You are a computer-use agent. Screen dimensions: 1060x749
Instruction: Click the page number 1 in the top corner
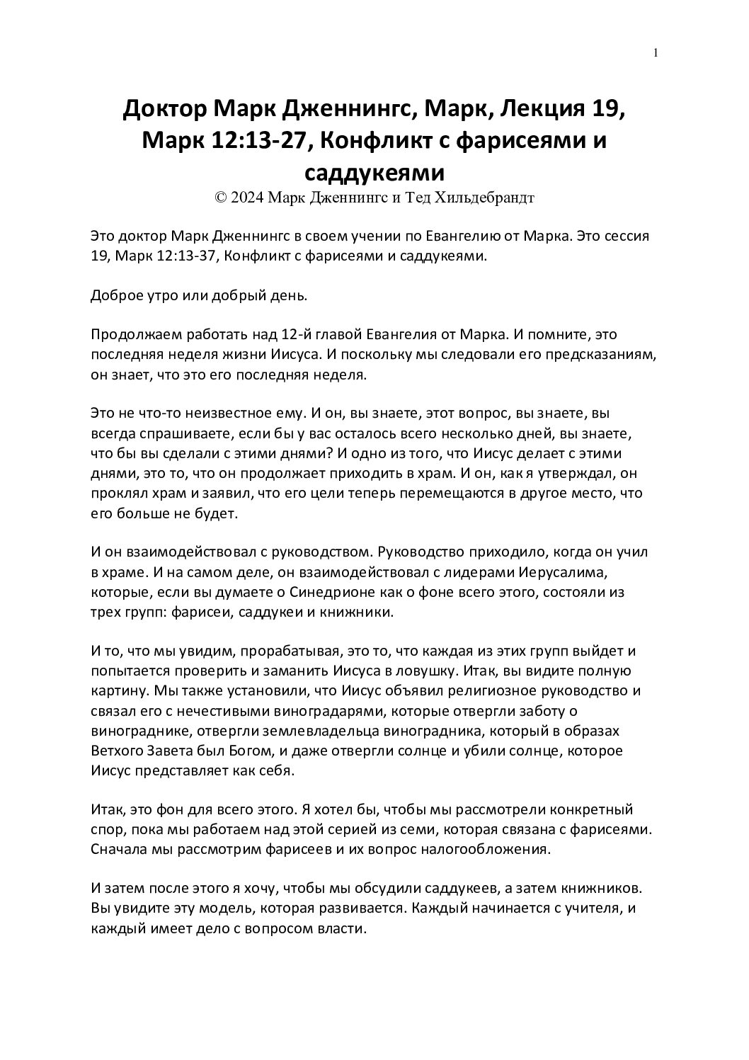coord(656,53)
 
